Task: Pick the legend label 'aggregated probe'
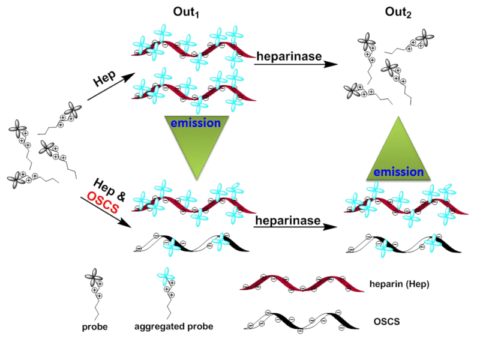[174, 328]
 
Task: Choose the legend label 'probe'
[95, 328]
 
